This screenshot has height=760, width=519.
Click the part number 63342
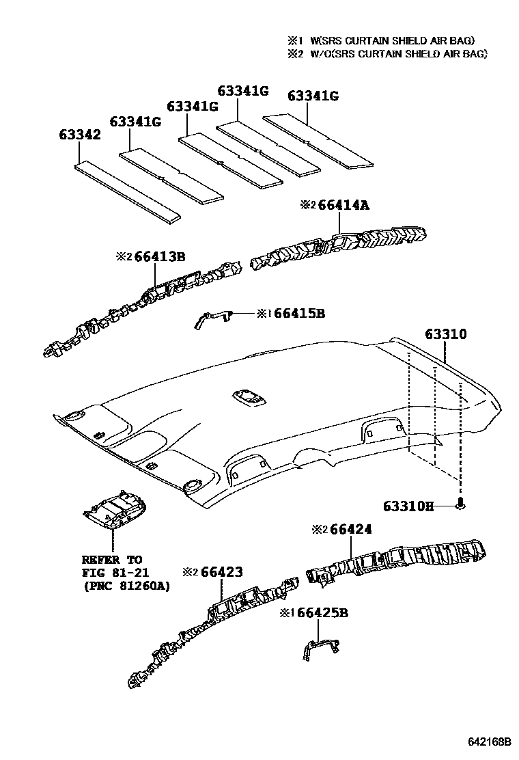tap(79, 135)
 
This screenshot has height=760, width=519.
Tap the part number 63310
tap(445, 335)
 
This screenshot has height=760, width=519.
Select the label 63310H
tap(408, 506)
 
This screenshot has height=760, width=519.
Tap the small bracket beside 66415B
tap(213, 317)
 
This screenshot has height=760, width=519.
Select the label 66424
tap(346, 529)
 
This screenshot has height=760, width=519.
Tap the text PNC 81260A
tap(126, 586)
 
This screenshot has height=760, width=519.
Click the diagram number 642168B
tap(489, 742)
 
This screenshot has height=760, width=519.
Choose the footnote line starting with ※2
tap(387, 54)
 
